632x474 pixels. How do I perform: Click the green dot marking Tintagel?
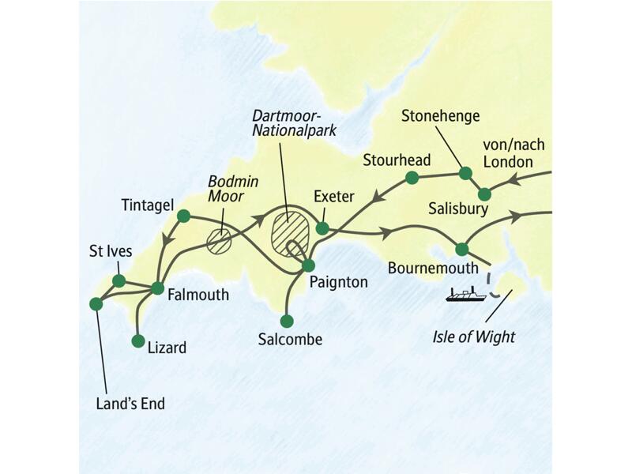click(x=183, y=216)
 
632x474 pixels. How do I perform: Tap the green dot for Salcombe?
click(x=287, y=321)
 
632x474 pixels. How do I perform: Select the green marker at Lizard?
click(x=138, y=341)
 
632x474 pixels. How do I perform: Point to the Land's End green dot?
click(x=96, y=303)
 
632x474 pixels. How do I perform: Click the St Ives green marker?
click(x=118, y=281)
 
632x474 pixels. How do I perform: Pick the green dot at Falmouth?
click(x=157, y=288)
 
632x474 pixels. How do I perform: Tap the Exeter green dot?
click(x=322, y=228)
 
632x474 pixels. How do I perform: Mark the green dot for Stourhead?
click(x=412, y=178)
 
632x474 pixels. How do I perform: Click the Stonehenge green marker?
click(x=465, y=173)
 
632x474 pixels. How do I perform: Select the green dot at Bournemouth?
click(x=461, y=250)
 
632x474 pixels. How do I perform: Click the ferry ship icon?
click(x=465, y=295)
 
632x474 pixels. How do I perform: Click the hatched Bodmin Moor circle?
click(x=219, y=240)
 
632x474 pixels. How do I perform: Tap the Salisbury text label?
click(x=459, y=209)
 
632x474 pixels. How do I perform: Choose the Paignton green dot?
click(x=309, y=265)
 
